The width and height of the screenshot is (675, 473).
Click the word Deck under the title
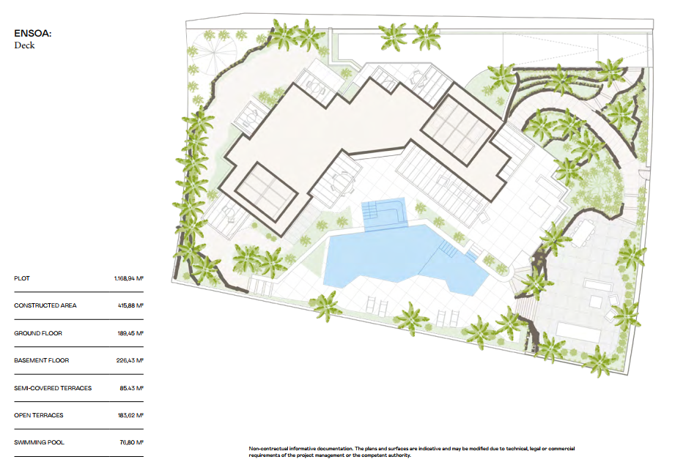(x=24, y=45)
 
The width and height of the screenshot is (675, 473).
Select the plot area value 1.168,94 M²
(x=128, y=279)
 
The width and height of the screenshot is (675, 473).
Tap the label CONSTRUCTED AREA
(x=45, y=306)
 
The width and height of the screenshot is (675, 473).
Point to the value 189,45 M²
(x=130, y=333)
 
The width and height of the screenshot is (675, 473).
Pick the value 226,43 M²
(x=130, y=360)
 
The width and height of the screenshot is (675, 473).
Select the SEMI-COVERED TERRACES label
(x=53, y=388)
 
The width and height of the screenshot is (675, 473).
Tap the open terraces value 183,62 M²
(x=130, y=415)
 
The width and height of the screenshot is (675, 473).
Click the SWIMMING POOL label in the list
(x=38, y=442)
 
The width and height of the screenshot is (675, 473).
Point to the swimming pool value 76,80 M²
(x=131, y=442)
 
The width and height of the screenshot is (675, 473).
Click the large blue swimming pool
(x=381, y=256)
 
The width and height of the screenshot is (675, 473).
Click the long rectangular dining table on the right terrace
(x=582, y=232)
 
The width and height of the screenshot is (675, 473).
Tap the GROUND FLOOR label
(x=38, y=333)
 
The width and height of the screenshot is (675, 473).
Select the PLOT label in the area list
(x=22, y=279)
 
